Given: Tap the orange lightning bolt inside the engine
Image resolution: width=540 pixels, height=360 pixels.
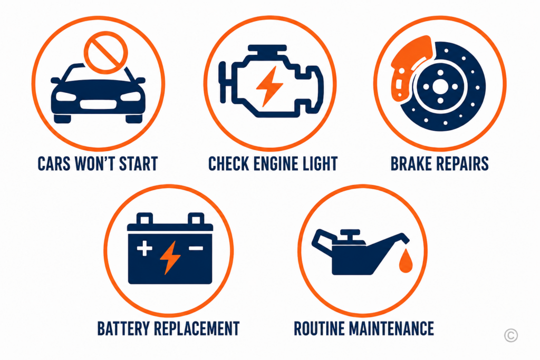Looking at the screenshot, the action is [269, 86].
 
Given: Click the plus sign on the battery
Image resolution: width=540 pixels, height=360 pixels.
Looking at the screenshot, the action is [144, 248].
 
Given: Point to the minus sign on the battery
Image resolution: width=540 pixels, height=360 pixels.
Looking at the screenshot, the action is [196, 248].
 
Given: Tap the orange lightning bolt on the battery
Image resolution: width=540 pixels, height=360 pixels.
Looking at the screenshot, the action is [170, 257].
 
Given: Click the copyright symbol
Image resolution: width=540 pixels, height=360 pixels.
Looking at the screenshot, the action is [510, 335].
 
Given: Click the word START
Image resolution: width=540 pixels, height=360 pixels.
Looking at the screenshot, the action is [138, 164].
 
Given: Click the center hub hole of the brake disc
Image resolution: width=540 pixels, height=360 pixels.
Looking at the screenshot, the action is [440, 87].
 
